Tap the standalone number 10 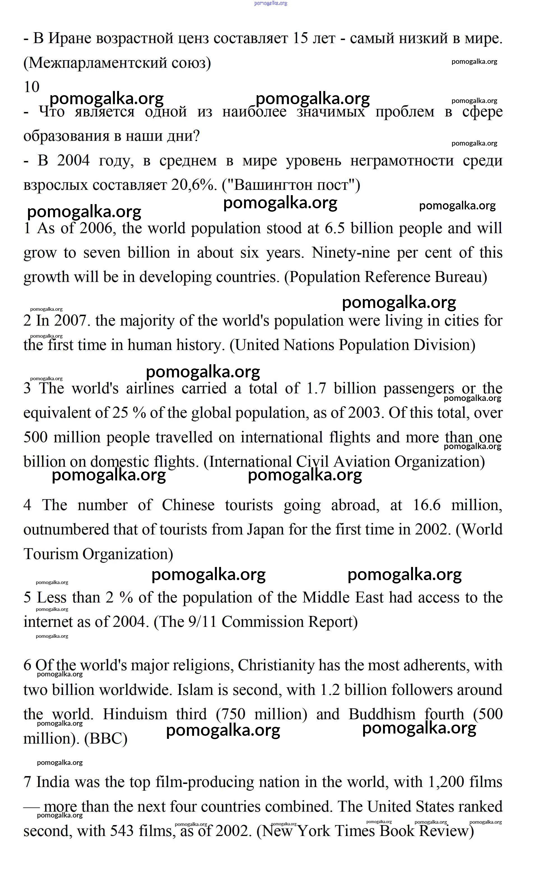coord(31,87)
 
